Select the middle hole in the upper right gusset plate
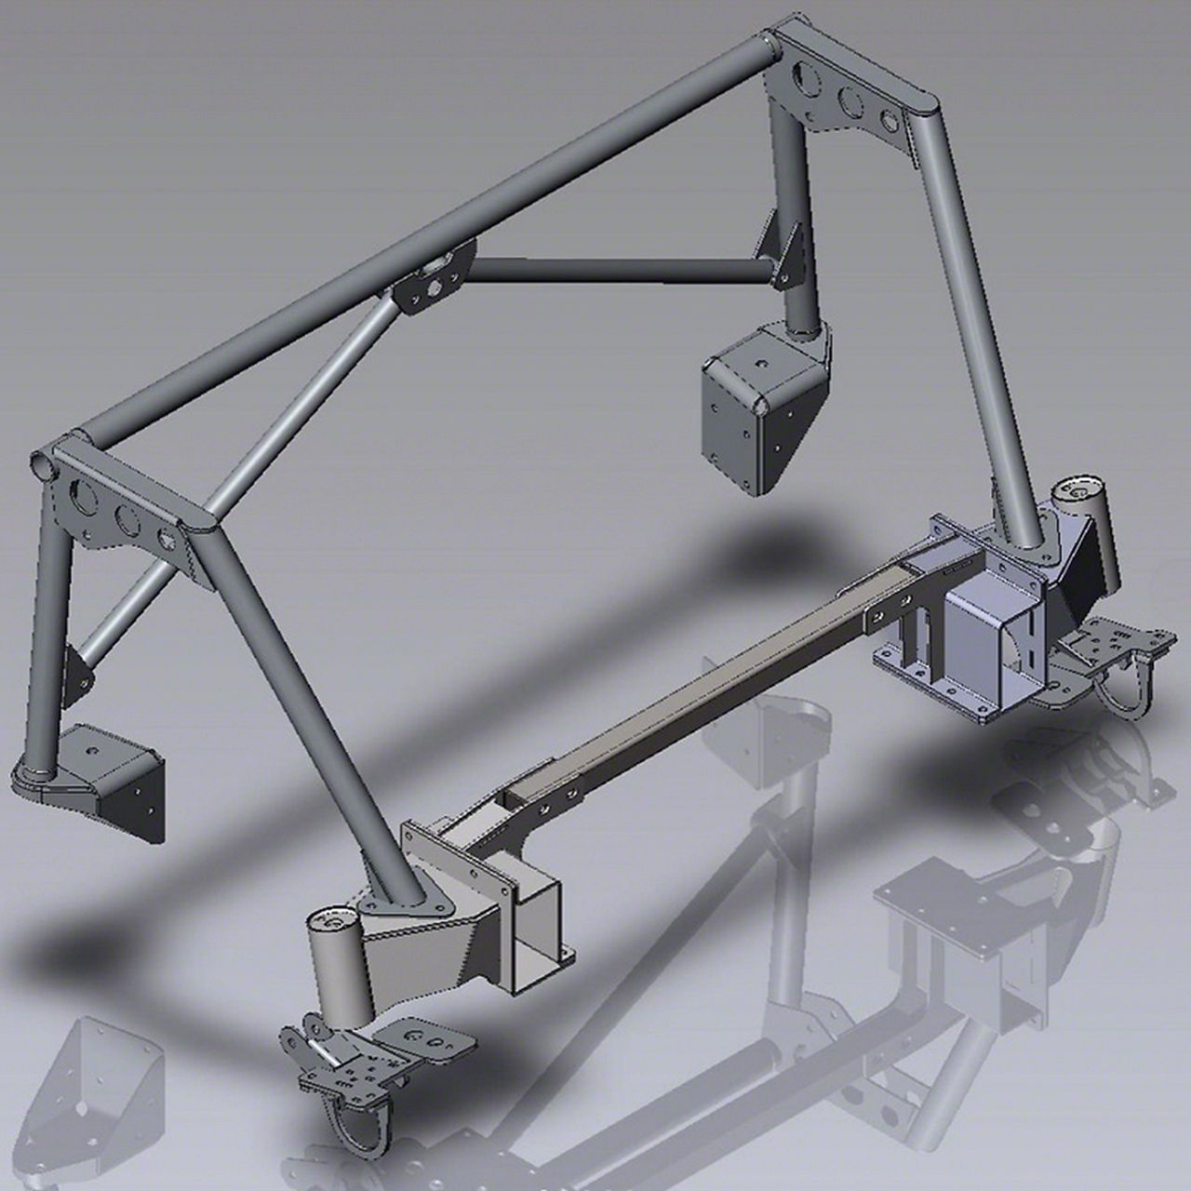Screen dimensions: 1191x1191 [x=850, y=100]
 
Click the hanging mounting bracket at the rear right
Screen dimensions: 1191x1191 [x=758, y=409]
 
